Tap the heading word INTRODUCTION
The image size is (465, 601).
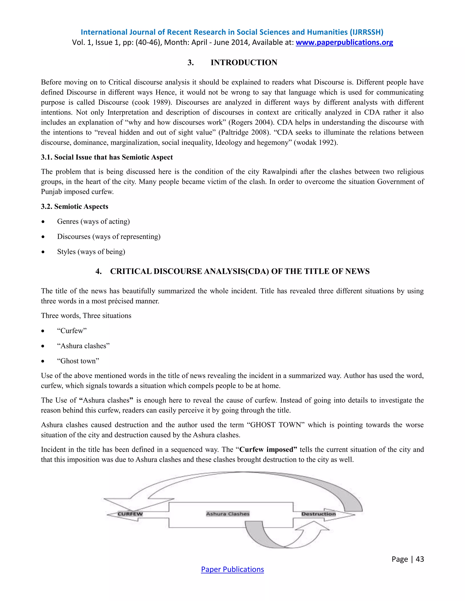244,63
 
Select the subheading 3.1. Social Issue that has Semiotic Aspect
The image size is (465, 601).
107,157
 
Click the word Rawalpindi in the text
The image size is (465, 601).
279,172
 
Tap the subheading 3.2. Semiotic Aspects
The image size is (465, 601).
75,206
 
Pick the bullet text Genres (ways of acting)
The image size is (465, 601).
93,222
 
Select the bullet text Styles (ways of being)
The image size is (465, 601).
91,252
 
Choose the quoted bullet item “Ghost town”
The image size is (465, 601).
78,361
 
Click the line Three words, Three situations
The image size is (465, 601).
86,316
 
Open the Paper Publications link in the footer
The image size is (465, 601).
232,569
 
